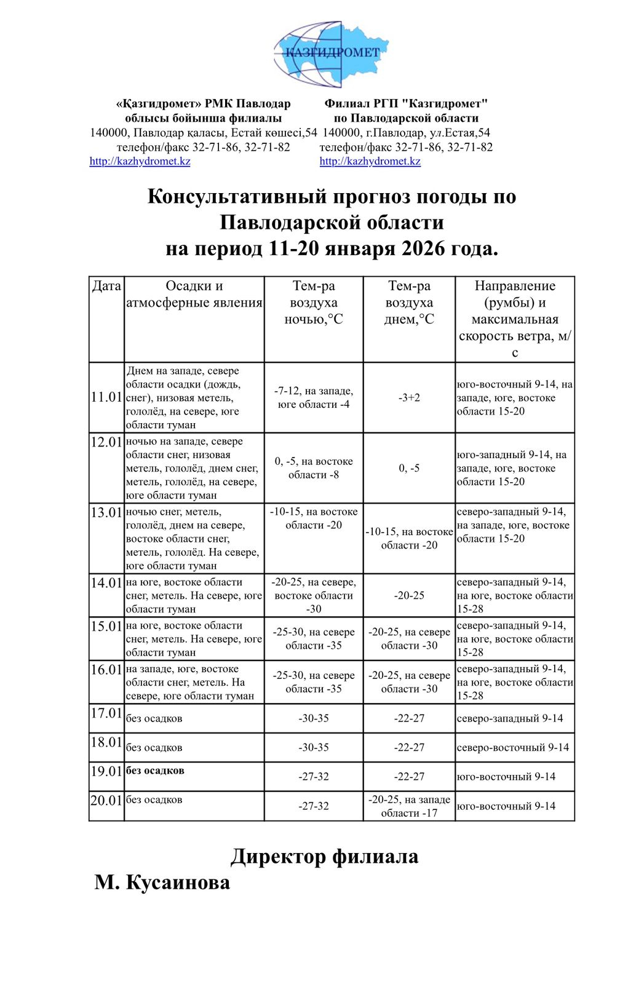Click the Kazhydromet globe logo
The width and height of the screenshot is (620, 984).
tap(331, 54)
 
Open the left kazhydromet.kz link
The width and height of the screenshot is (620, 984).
tap(140, 161)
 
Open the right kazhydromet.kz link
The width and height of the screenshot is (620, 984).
tap(370, 161)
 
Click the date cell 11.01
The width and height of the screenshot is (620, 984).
tap(106, 397)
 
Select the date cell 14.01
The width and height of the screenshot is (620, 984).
tap(106, 583)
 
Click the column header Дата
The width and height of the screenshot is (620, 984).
tap(106, 286)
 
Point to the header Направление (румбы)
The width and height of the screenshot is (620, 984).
tap(515, 294)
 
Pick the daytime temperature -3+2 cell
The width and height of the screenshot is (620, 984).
tap(409, 397)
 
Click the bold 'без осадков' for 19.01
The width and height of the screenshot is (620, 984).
tap(155, 771)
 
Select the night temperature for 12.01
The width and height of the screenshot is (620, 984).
tap(314, 468)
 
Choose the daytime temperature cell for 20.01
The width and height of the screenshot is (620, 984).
tap(409, 806)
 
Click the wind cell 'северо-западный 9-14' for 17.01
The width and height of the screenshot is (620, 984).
tap(510, 718)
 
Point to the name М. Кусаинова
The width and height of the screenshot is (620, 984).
tap(162, 883)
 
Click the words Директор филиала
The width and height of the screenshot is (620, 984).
tap(325, 857)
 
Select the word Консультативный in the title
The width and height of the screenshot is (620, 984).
tap(237, 197)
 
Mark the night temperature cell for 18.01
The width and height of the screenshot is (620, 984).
tap(314, 748)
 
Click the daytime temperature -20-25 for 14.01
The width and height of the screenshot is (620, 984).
tap(409, 595)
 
